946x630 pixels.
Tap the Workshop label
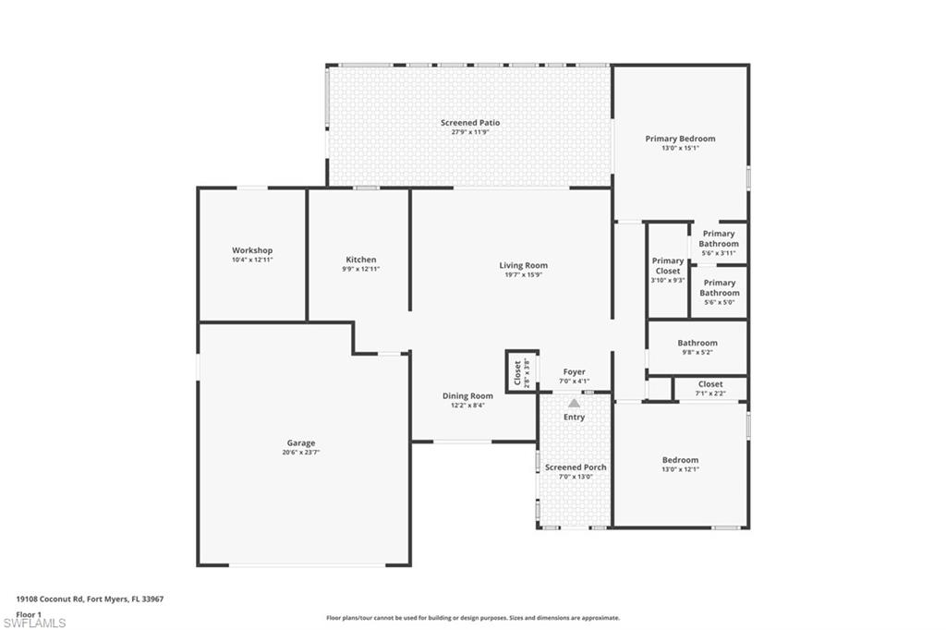(252, 250)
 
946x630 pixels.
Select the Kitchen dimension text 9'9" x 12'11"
(361, 270)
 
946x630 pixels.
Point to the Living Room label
(524, 266)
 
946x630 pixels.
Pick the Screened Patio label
(470, 123)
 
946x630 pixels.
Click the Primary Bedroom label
(680, 139)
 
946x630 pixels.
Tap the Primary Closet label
(667, 266)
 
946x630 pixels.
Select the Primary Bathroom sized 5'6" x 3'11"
(719, 239)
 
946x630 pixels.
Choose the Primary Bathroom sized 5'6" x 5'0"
(719, 288)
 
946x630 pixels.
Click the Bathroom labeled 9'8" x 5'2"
(697, 344)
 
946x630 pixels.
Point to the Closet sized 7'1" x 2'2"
(710, 384)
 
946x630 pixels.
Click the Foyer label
(574, 372)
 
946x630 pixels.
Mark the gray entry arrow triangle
(574, 403)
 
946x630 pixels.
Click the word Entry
(574, 418)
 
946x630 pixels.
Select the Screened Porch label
(576, 467)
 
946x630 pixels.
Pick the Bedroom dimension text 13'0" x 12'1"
(680, 469)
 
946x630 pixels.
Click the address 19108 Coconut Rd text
(90, 599)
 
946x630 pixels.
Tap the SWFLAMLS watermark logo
(35, 623)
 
